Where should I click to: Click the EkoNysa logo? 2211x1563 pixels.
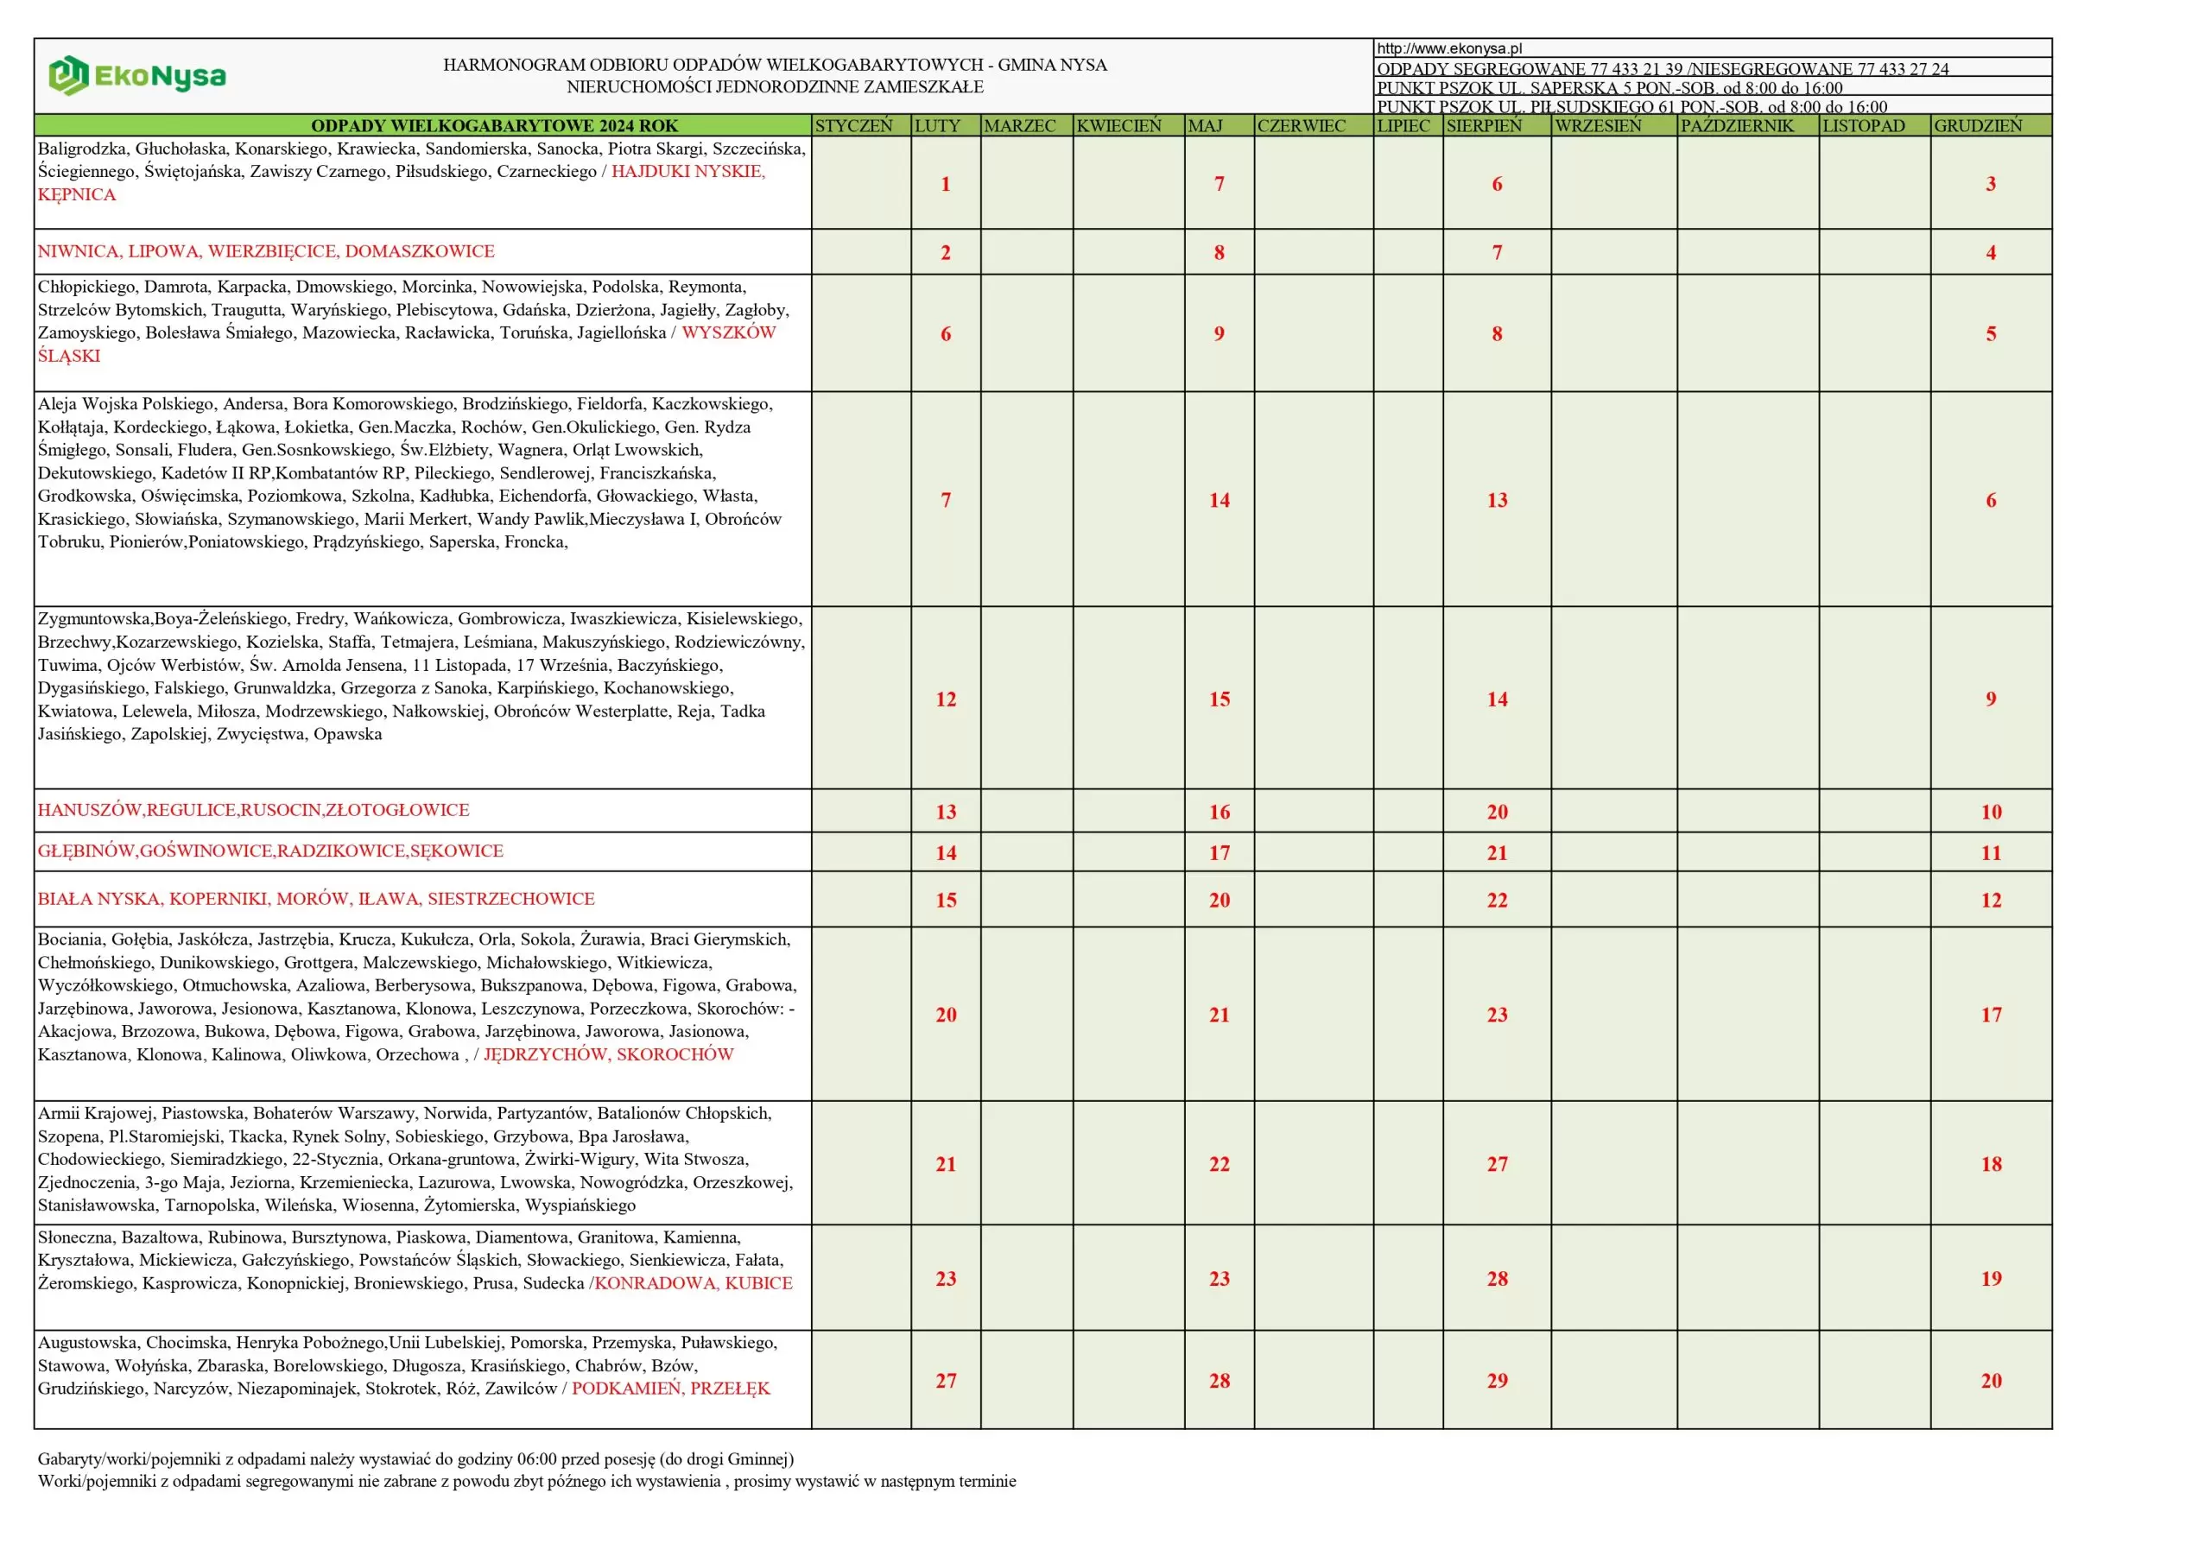(x=136, y=76)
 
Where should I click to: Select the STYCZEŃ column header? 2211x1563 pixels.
(x=853, y=126)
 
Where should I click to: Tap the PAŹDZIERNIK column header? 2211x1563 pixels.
(x=1737, y=126)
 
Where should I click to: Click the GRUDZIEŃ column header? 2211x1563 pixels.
(x=1978, y=126)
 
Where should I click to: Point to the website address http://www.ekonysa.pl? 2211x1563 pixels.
(x=1449, y=48)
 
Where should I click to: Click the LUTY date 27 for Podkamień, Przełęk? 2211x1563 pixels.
(x=946, y=1381)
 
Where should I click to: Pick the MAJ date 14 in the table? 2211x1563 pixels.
(x=1220, y=501)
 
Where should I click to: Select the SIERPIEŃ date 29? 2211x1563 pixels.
(x=1497, y=1381)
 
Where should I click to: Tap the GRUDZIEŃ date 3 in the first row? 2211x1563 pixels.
(x=1991, y=184)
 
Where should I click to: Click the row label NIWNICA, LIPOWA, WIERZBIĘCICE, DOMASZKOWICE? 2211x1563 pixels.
(x=266, y=251)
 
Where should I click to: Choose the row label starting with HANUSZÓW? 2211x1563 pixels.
(x=253, y=810)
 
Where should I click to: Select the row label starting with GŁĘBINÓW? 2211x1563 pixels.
(x=270, y=851)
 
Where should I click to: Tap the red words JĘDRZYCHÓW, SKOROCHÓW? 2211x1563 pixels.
(x=609, y=1054)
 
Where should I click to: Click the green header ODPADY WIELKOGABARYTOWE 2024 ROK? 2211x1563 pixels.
(x=494, y=126)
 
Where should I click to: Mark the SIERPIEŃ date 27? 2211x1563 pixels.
(x=1497, y=1164)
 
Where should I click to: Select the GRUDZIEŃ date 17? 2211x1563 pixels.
(x=1991, y=1015)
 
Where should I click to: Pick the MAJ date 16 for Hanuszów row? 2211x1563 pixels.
(x=1220, y=812)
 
